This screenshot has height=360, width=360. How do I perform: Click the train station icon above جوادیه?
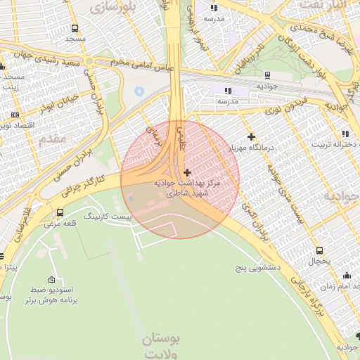coord(267,75)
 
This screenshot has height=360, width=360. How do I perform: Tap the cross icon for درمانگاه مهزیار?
coord(251,136)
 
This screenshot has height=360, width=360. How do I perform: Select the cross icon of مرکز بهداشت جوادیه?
coord(186,172)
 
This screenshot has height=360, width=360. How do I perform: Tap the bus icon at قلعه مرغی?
coord(60,212)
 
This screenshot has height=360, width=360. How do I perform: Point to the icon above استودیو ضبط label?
coord(51,279)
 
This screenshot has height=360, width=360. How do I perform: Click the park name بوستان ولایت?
coord(161,344)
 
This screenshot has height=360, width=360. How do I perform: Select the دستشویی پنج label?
coord(258,268)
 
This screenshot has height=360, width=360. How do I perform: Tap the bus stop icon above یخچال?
coord(319,250)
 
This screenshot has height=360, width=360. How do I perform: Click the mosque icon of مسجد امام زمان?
coord(346,276)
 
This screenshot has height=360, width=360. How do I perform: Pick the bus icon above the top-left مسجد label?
coord(75,29)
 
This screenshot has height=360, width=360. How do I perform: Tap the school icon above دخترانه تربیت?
coord(344,134)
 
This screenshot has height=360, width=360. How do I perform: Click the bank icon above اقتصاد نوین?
coord(15,114)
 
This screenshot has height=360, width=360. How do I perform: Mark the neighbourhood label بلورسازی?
coord(116,6)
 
